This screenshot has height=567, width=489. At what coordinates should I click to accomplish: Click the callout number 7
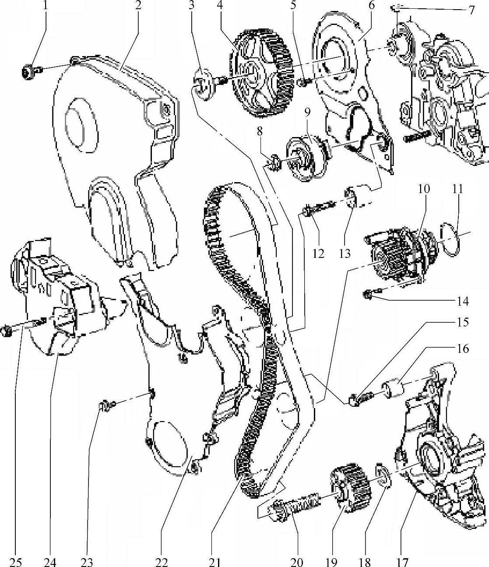click(x=471, y=10)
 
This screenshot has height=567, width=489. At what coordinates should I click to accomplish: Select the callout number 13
click(x=345, y=253)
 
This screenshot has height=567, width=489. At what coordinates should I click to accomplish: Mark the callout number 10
click(x=423, y=189)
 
